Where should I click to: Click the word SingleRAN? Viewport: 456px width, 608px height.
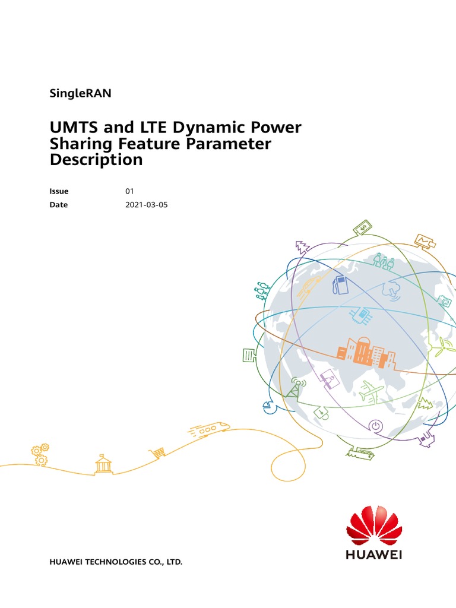pos(80,93)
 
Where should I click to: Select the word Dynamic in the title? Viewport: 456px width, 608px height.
pos(208,128)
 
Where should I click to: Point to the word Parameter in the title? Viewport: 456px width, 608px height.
pos(229,144)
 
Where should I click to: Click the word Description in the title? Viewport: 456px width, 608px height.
pos(96,160)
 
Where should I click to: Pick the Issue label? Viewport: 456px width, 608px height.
pos(59,191)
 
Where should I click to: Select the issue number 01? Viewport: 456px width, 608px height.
pos(129,191)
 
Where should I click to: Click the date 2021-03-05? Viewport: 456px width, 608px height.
pos(146,205)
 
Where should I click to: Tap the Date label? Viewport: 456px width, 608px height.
pos(59,205)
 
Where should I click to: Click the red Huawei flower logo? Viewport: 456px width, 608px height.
pos(374,525)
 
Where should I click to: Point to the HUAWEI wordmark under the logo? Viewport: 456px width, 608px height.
pos(374,555)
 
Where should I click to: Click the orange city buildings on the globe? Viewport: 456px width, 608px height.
pos(366,353)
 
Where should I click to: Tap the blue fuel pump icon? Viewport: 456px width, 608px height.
pos(340,285)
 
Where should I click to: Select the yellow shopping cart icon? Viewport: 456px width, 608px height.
pos(157,452)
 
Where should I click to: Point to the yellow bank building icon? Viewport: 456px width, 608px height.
pos(103,464)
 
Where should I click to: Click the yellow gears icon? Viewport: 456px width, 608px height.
pos(40,454)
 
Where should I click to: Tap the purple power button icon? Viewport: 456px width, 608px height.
pos(375,426)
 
